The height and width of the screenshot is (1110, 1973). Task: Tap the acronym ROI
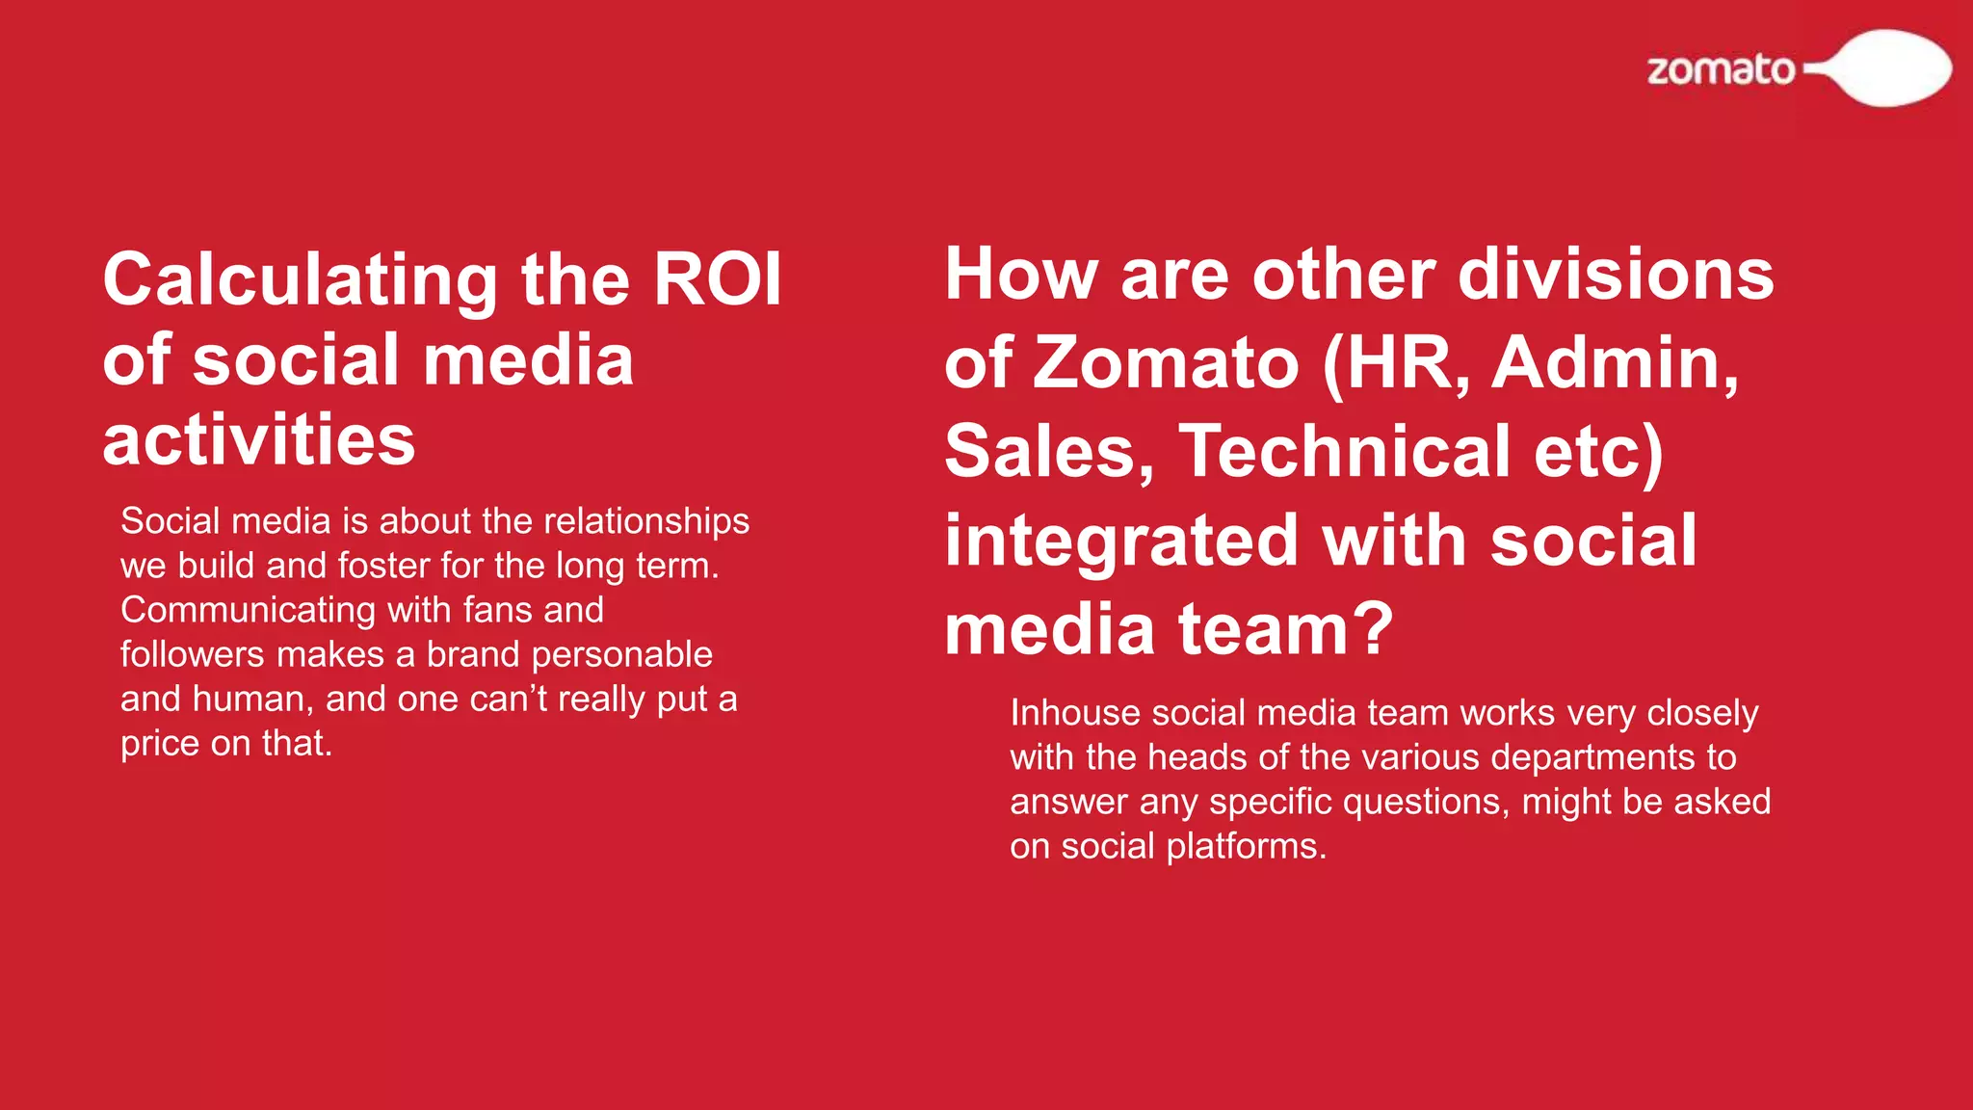pos(717,279)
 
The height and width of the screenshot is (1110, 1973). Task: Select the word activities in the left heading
pos(258,439)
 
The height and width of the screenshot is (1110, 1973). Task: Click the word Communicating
pos(248,610)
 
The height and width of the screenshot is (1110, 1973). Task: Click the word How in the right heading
pos(1020,275)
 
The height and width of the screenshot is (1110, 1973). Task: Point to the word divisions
pos(1616,275)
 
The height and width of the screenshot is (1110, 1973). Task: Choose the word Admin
pos(1615,363)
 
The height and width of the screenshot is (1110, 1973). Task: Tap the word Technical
pos(1345,452)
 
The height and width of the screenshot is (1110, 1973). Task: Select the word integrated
pos(1121,542)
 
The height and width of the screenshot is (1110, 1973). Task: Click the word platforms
pos(1246,846)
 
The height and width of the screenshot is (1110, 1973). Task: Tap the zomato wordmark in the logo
pos(1721,70)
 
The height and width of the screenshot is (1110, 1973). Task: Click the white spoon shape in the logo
pos(1889,67)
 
